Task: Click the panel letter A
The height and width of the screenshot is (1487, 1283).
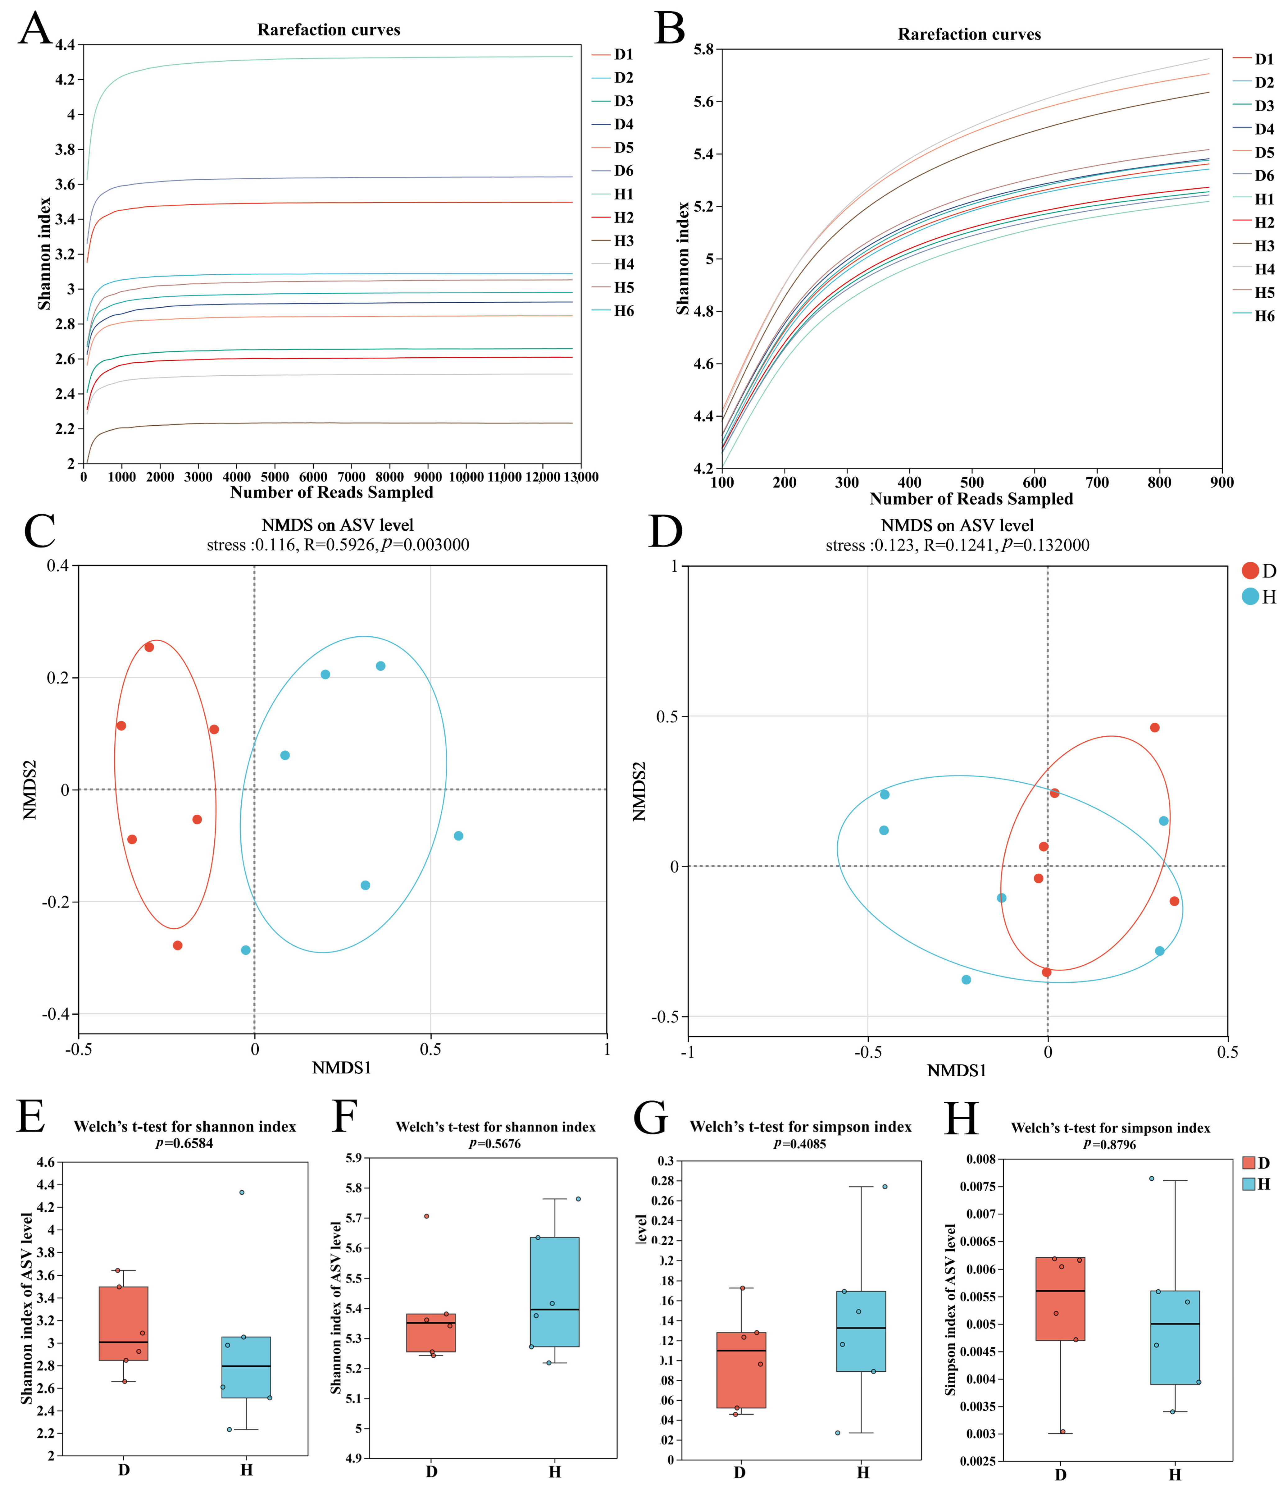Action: point(34,29)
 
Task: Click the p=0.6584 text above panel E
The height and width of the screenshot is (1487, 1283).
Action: point(184,1143)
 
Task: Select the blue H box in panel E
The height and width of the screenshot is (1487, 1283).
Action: point(246,1367)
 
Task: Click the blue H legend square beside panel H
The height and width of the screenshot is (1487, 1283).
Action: point(1249,1184)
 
